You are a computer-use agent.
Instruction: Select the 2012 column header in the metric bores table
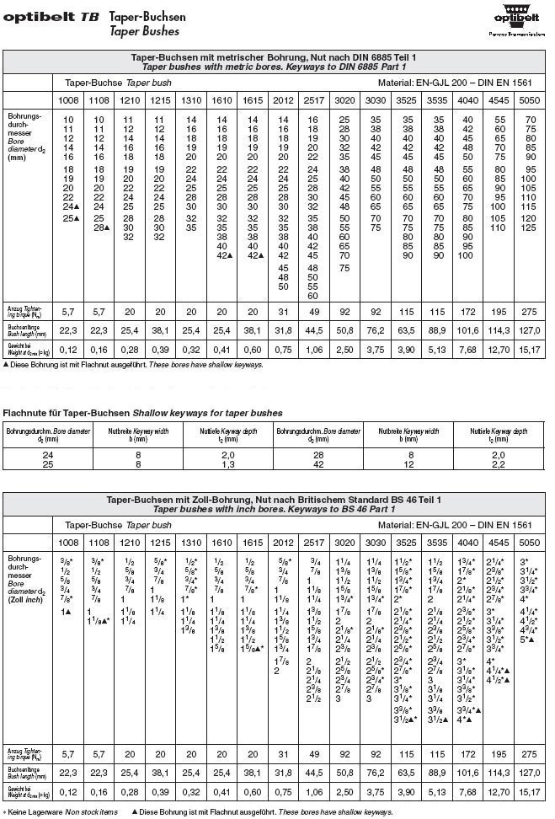[283, 101]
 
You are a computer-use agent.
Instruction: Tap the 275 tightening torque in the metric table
[530, 310]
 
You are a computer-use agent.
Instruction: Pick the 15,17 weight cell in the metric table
[530, 349]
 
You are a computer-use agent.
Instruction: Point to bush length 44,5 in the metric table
[313, 329]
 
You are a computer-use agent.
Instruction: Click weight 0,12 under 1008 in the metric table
[69, 349]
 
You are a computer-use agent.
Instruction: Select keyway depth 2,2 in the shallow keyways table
[498, 464]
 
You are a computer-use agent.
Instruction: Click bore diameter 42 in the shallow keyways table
[318, 464]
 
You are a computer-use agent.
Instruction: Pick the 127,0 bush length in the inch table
[530, 772]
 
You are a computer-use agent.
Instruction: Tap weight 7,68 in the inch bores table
[468, 791]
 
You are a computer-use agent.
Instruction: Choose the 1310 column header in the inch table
[191, 543]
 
